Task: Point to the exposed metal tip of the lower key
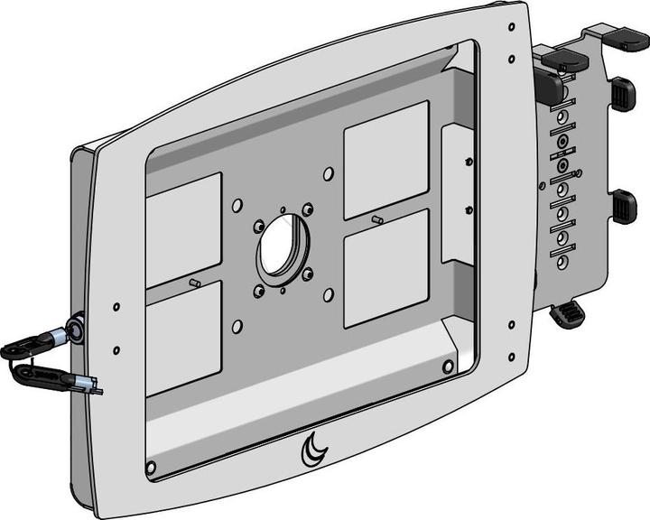coord(95,389)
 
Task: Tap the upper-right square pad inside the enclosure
coord(385,157)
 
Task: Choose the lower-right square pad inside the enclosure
coord(387,267)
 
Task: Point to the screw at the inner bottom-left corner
coord(151,467)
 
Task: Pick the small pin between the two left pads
coord(194,283)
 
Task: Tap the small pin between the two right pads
coord(376,219)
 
